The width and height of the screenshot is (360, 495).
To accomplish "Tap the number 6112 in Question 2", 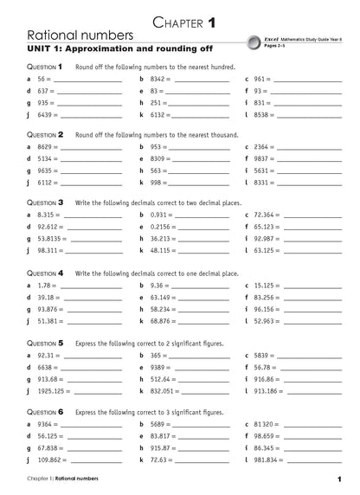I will (x=48, y=183).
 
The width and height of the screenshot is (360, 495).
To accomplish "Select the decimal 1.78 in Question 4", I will (x=46, y=285).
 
